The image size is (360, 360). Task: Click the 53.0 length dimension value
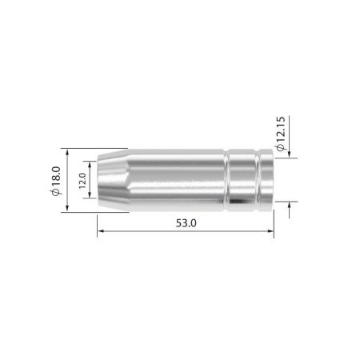point(185,223)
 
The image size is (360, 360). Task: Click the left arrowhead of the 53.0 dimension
point(100,233)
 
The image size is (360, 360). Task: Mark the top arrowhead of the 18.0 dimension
point(69,151)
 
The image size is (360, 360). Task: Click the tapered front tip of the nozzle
point(111,180)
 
